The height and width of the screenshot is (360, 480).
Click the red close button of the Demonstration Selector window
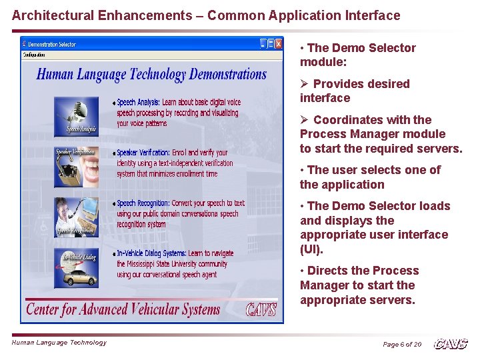pyautogui.click(x=278, y=44)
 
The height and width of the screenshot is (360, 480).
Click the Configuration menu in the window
pyautogui.click(x=34, y=55)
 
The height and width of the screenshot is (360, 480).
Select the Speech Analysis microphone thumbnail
pyautogui.click(x=77, y=114)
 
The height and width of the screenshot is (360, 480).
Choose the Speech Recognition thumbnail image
pyautogui.click(x=77, y=216)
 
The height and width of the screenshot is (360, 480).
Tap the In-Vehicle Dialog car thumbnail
pyautogui.click(x=77, y=267)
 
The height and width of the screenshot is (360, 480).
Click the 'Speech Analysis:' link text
pyautogui.click(x=138, y=103)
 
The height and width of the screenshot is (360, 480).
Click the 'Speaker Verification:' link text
pyautogui.click(x=143, y=153)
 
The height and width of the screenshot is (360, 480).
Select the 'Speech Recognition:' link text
pyautogui.click(x=143, y=203)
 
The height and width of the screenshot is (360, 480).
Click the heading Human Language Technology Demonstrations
pyautogui.click(x=151, y=74)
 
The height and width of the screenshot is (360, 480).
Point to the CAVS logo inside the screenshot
pyautogui.click(x=261, y=310)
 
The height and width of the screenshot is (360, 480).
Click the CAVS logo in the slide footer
pyautogui.click(x=451, y=344)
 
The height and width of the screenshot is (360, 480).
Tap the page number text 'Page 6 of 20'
pyautogui.click(x=401, y=345)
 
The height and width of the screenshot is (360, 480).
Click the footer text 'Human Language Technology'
pyautogui.click(x=59, y=343)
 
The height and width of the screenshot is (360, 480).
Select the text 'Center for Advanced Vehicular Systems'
pyautogui.click(x=123, y=309)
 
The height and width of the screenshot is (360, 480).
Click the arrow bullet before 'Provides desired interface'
pyautogui.click(x=304, y=84)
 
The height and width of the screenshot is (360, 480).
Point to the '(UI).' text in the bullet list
pyautogui.click(x=311, y=250)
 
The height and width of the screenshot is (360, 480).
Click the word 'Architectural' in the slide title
pyautogui.click(x=49, y=15)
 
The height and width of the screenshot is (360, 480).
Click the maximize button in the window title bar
pyautogui.click(x=271, y=44)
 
